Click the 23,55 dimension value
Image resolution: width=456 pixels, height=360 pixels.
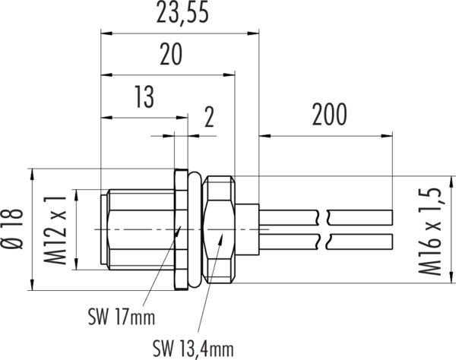click(180, 15)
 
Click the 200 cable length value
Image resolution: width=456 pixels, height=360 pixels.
click(328, 115)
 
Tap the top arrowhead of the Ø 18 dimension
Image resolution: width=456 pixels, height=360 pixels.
click(32, 172)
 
